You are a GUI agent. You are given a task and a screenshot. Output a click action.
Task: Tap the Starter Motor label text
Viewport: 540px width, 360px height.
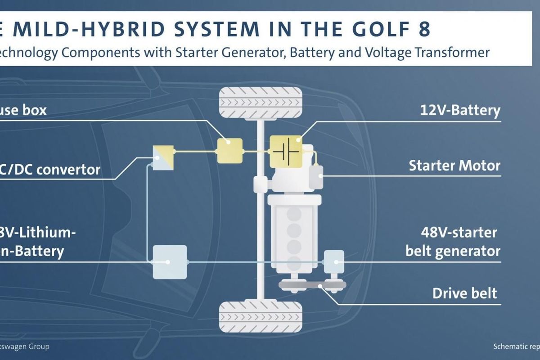coord(454,166)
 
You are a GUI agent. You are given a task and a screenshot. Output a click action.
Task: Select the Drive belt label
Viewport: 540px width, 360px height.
coord(465,293)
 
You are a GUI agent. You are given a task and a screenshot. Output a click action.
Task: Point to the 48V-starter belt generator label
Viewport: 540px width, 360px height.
coord(453,242)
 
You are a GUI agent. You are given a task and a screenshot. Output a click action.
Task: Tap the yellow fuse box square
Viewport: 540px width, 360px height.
coord(229,150)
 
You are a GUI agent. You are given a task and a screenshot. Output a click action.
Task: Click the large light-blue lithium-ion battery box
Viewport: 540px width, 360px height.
coord(170,262)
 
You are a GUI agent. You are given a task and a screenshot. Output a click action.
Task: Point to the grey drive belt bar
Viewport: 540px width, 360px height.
coord(312,285)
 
